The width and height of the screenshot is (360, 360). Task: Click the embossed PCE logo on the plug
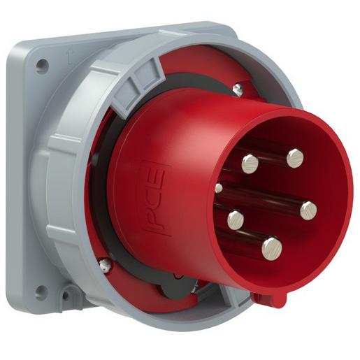155,195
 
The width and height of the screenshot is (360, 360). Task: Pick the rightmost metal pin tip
308,208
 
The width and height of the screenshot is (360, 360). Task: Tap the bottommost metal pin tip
271,245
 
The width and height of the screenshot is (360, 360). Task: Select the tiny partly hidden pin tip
219,187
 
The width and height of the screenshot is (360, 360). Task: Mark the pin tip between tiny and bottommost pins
236,219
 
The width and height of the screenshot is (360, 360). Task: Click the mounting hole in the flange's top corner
42,66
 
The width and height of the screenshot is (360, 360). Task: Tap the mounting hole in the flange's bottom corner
41,291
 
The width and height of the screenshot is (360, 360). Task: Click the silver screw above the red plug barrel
238,88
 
